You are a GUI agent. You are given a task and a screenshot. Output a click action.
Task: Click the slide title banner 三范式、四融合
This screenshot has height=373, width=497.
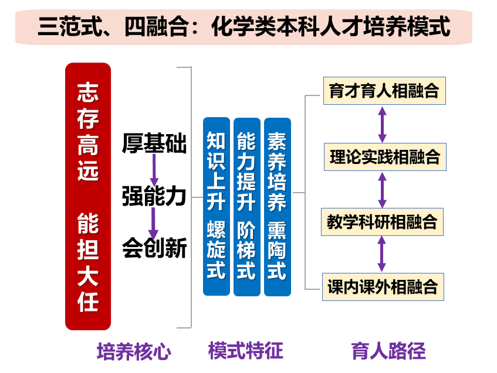click(x=244, y=26)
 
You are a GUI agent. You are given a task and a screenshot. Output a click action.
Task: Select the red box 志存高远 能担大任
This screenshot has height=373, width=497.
click(x=88, y=196)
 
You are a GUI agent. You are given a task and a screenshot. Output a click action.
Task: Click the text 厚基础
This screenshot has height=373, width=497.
click(x=154, y=143)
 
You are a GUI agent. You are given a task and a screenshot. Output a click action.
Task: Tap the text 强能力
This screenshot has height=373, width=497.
click(x=154, y=196)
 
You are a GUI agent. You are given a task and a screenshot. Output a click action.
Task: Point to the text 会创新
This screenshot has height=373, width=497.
click(x=154, y=249)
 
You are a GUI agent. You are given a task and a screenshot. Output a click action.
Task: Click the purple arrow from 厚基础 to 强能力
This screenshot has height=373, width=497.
click(x=154, y=170)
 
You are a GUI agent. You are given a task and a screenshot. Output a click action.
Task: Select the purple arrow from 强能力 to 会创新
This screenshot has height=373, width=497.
click(x=154, y=223)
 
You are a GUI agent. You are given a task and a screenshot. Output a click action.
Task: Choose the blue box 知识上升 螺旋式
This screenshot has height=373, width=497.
click(x=217, y=206)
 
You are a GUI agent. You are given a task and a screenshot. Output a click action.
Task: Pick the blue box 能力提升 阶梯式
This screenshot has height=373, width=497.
click(x=247, y=206)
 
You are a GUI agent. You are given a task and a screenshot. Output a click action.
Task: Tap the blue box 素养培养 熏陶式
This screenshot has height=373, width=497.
click(x=278, y=206)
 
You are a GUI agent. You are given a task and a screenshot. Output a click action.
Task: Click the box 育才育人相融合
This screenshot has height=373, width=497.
click(x=384, y=91)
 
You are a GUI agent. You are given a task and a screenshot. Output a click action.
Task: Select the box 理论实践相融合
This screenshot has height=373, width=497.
click(x=384, y=157)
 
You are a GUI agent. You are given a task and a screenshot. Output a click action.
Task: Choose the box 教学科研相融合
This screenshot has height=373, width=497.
click(x=383, y=222)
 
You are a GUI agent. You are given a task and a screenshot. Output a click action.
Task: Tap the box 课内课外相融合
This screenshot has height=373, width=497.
click(x=383, y=287)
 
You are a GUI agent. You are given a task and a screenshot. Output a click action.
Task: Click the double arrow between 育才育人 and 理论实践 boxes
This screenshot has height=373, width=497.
click(x=383, y=124)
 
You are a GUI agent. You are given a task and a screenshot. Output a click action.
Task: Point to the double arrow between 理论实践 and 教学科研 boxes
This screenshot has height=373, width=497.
click(x=383, y=190)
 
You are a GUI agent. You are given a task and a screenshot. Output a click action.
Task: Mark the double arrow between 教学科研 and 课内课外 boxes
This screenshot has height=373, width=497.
click(x=383, y=254)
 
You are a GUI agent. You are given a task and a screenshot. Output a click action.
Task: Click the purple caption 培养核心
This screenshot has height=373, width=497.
click(x=134, y=352)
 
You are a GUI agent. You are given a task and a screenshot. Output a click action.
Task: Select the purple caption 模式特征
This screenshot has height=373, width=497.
click(x=246, y=351)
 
